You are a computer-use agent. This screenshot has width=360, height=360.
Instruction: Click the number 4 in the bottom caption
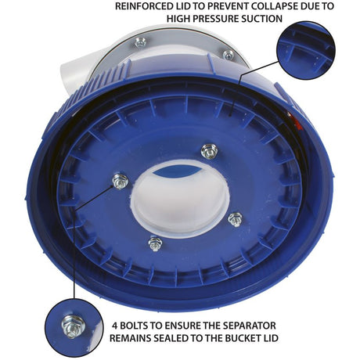click(x=115, y=326)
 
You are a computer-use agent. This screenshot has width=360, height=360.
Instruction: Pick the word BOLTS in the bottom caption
click(x=133, y=326)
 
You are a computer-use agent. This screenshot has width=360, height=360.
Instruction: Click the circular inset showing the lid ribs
click(x=306, y=50)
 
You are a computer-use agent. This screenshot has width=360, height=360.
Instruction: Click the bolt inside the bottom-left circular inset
click(x=74, y=326)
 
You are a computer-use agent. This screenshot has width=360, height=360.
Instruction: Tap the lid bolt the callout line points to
click(x=121, y=182)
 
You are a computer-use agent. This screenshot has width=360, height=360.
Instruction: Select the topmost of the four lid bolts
click(x=210, y=151)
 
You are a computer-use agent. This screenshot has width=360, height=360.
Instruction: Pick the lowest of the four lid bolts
click(x=155, y=244)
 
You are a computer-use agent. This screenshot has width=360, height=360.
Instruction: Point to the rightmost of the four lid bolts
click(x=236, y=219)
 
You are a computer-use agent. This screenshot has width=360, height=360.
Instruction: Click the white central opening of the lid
click(x=180, y=200)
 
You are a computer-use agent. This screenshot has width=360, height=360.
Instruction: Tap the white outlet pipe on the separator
click(x=74, y=68)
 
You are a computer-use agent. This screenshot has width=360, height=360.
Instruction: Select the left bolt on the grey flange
click(x=141, y=42)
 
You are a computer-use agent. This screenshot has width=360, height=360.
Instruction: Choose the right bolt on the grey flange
click(x=229, y=55)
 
